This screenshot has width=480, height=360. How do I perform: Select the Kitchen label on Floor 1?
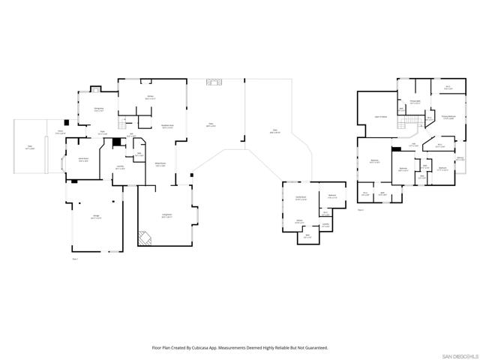point(150,97)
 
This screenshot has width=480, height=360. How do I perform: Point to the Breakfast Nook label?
point(168,127)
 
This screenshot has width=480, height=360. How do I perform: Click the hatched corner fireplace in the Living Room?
point(144,238)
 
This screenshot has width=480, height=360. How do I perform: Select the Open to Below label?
point(380,117)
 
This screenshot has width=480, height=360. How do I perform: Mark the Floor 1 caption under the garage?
point(75,258)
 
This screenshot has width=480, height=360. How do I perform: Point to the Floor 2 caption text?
point(361,209)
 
